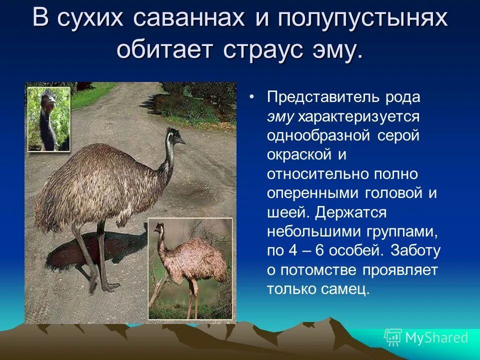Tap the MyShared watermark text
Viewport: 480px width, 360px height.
point(436,337)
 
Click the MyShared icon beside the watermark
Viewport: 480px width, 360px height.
point(392,337)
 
